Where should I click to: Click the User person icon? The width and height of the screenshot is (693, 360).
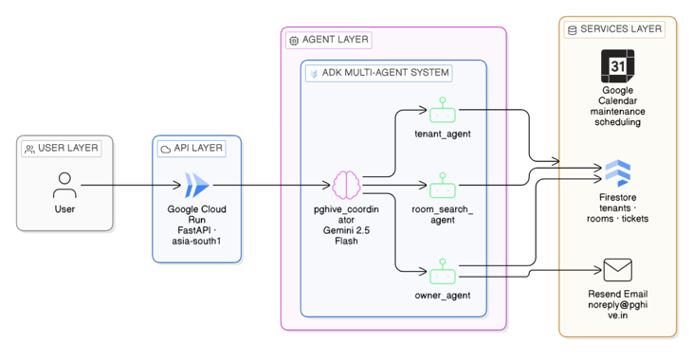pyautogui.click(x=64, y=185)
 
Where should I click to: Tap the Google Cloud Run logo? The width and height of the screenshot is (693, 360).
pyautogui.click(x=196, y=185)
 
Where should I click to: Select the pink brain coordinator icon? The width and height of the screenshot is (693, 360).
pyautogui.click(x=346, y=185)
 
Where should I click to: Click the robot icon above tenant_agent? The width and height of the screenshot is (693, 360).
pyautogui.click(x=443, y=110)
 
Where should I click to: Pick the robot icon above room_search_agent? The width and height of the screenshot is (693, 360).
pyautogui.click(x=443, y=185)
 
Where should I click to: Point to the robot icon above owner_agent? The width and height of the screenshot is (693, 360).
pyautogui.click(x=443, y=271)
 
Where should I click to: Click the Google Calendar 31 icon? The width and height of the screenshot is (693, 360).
pyautogui.click(x=617, y=66)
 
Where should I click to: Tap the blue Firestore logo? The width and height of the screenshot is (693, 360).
pyautogui.click(x=617, y=172)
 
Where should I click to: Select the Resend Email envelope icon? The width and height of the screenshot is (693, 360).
pyautogui.click(x=617, y=270)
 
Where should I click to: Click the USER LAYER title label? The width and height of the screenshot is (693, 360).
pyautogui.click(x=62, y=148)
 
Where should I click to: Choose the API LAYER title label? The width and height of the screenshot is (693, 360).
pyautogui.click(x=191, y=148)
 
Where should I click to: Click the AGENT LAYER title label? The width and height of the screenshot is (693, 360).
pyautogui.click(x=329, y=40)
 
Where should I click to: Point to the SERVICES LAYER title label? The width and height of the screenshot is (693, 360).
pyautogui.click(x=614, y=29)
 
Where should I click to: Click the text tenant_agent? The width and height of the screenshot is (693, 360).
pyautogui.click(x=443, y=134)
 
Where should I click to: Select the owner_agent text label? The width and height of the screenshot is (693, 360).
pyautogui.click(x=443, y=295)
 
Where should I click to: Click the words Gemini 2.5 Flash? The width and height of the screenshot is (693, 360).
pyautogui.click(x=346, y=236)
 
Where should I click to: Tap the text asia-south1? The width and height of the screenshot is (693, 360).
pyautogui.click(x=196, y=242)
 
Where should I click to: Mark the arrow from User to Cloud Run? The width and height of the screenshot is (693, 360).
pyautogui.click(x=131, y=185)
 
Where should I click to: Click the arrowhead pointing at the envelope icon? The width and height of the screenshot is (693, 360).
pyautogui.click(x=597, y=270)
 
